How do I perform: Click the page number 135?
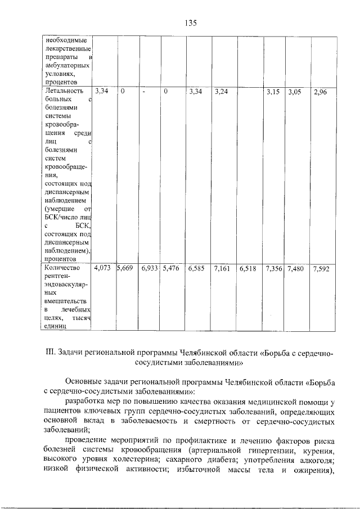point(190,23)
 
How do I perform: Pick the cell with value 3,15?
point(273,91)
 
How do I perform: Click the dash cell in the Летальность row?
point(145,91)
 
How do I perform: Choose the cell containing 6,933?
point(150,269)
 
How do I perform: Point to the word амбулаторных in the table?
point(66,65)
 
